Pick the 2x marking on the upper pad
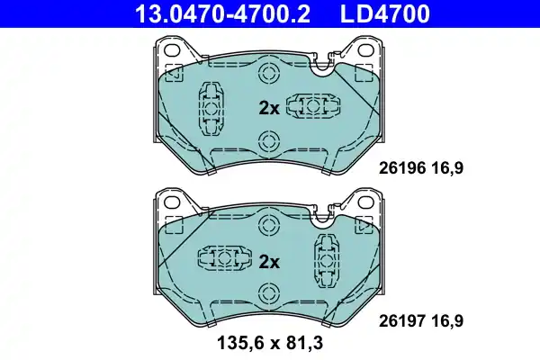point(269,108)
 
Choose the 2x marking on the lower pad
point(269,262)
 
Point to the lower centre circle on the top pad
point(267,140)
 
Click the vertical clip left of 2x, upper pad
point(211,108)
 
